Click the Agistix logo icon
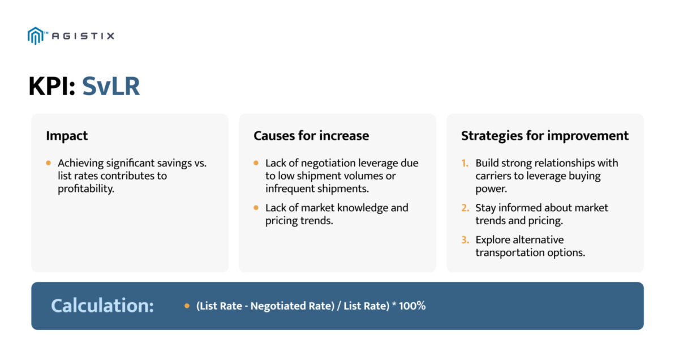click(35, 36)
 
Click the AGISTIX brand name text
click(83, 36)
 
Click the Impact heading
click(67, 136)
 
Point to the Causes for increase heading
click(311, 136)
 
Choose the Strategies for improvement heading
click(544, 136)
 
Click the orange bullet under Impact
click(49, 163)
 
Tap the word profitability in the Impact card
click(85, 189)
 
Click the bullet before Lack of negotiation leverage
click(256, 163)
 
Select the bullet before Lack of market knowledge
click(256, 208)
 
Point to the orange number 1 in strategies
click(465, 163)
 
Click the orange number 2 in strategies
click(465, 208)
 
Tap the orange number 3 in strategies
click(465, 240)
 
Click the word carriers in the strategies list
click(494, 176)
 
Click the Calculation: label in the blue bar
click(102, 306)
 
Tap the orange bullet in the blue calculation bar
click(187, 306)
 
